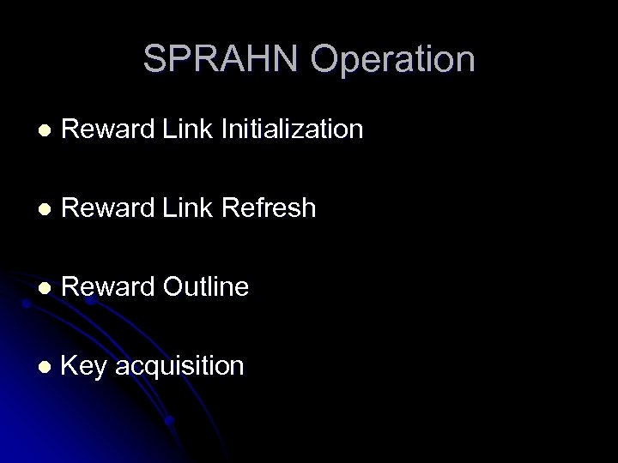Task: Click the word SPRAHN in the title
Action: (222, 59)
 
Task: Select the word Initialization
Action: (293, 130)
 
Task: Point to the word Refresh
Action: (269, 208)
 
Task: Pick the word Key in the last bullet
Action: (84, 367)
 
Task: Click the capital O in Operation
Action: (327, 59)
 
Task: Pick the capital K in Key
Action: (70, 366)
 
